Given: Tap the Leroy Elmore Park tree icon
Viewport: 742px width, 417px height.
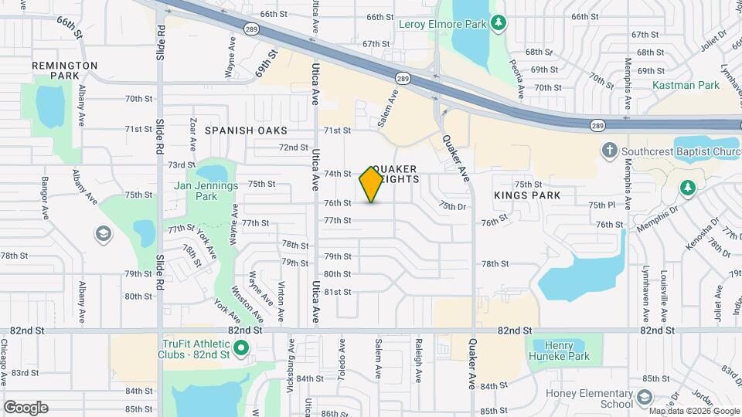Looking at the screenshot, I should [499, 23].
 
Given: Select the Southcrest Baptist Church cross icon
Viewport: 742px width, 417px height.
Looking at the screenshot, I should [609, 151].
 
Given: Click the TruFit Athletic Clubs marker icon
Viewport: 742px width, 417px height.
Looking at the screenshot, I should [241, 349].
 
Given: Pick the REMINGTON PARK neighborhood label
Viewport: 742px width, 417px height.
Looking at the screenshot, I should [65, 71].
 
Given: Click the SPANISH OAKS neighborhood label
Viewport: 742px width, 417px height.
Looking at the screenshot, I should [246, 131].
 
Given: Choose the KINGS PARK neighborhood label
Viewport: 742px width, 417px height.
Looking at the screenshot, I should [527, 196].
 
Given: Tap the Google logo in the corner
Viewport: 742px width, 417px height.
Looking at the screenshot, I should [26, 407].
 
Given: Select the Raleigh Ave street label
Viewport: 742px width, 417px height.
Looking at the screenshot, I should [418, 360].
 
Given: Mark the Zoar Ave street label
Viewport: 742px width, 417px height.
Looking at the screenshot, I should [193, 133].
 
